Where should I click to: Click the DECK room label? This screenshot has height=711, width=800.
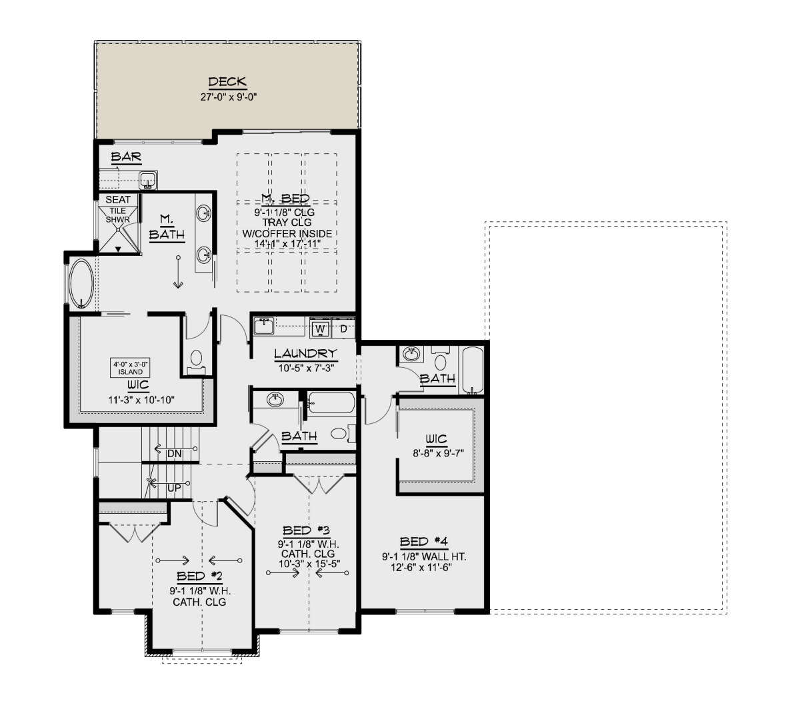227,82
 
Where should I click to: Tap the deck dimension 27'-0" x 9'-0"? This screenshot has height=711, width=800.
229,97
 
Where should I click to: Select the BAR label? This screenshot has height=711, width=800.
126,157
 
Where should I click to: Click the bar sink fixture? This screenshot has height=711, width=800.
148,180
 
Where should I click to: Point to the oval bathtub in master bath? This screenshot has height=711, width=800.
81,283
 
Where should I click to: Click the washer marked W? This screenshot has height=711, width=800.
320,329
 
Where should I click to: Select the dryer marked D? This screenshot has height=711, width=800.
343,329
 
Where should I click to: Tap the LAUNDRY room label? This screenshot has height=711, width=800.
305,353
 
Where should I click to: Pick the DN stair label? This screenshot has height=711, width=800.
174,454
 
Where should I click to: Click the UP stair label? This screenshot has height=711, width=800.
174,488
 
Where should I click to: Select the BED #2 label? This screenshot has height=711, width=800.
199,576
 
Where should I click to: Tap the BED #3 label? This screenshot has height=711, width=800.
306,530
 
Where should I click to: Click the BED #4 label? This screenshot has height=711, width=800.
424,542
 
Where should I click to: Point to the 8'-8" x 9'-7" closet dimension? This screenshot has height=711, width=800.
438,453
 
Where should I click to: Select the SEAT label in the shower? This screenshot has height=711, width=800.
118,199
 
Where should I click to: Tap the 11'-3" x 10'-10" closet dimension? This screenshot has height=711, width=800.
141,400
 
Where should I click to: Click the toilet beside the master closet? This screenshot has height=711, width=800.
196,362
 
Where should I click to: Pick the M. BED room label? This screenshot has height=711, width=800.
285,198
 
